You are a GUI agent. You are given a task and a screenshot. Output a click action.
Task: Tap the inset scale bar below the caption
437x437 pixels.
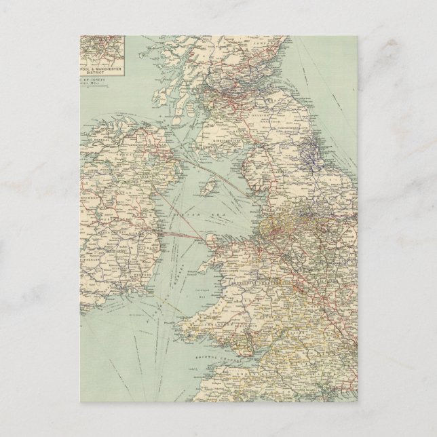pos(102,83)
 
